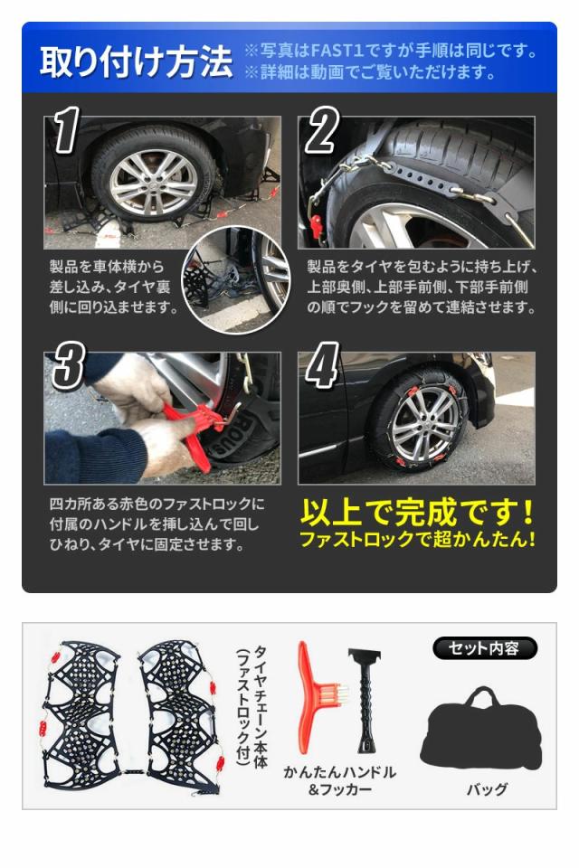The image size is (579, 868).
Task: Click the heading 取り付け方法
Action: pos(136,61)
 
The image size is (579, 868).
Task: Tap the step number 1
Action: pos(66,129)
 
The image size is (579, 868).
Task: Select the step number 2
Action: pos(321,130)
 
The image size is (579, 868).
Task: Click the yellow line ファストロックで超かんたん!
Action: pos(417,539)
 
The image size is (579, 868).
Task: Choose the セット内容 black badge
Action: pos(484,648)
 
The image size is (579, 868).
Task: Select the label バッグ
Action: pos(487,789)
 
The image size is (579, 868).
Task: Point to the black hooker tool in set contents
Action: pos(365,699)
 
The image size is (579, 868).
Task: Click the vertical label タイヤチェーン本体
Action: pos(260,707)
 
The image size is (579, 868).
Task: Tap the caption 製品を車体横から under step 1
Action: pos(107,267)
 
